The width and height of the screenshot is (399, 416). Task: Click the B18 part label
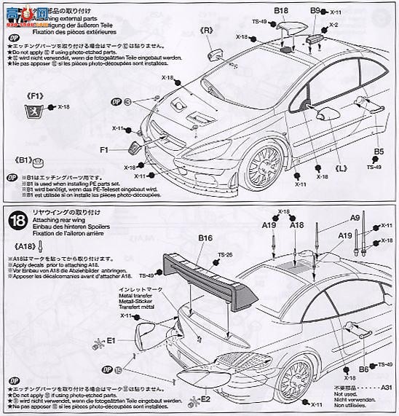(281, 12)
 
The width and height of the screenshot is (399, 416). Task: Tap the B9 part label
(315, 11)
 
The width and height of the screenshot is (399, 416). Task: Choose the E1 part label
(111, 340)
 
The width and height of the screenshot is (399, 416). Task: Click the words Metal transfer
(131, 298)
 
